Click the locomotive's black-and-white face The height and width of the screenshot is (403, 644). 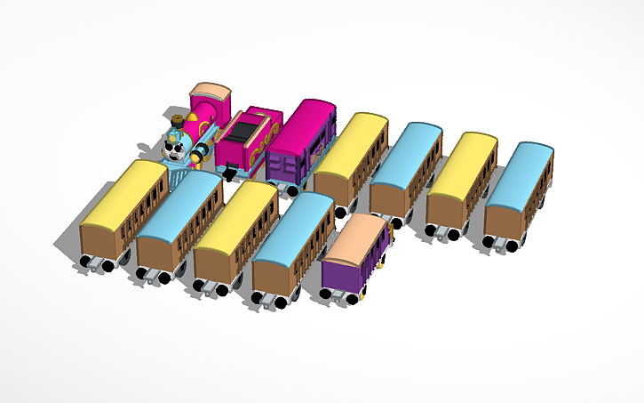[x=178, y=148]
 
